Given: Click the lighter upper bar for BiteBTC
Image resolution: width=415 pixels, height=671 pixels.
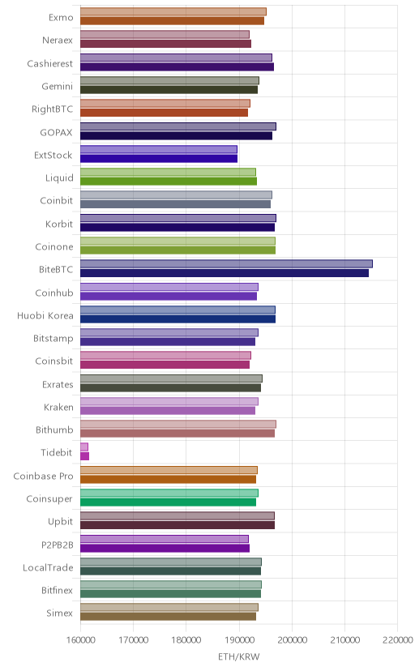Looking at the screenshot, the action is click(x=226, y=263).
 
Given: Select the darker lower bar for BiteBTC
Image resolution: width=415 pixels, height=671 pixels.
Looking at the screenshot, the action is click(x=225, y=273).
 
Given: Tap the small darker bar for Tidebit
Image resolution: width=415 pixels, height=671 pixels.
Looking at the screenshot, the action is click(x=85, y=456).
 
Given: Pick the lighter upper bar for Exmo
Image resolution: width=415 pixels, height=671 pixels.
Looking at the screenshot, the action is click(x=173, y=11).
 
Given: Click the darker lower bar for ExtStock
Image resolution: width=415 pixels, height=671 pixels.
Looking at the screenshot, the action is click(x=159, y=158).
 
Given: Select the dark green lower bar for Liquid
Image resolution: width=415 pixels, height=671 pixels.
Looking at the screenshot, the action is click(x=169, y=182).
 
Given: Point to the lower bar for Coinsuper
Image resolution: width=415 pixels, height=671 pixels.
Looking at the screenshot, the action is click(x=168, y=502).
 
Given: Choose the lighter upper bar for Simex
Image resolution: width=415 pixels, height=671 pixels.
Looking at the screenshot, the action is click(x=169, y=607).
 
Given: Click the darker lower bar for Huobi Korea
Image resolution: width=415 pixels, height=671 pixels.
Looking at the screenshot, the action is click(x=178, y=318).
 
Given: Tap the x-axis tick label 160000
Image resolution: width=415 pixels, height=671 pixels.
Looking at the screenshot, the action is click(x=80, y=640).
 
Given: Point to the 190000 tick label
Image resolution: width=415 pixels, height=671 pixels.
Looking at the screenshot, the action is click(x=239, y=640).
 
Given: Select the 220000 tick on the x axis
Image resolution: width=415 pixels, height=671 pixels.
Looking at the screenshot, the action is click(x=397, y=640).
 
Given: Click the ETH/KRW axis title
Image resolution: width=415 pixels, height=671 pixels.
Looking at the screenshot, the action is click(x=239, y=657).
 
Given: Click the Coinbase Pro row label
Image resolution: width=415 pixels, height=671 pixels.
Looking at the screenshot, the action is click(x=43, y=477).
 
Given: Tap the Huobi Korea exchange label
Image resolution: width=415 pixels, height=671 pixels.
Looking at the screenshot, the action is click(x=45, y=316).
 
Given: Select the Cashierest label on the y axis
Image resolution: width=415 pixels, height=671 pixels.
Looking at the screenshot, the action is click(x=50, y=64).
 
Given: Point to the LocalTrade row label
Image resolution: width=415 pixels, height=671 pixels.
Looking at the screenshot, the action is click(x=48, y=568).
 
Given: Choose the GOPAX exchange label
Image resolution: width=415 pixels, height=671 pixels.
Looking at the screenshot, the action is click(x=57, y=133).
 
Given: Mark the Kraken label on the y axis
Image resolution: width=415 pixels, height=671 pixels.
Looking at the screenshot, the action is click(x=58, y=408).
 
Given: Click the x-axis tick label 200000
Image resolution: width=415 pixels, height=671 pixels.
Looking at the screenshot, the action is click(x=292, y=640).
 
